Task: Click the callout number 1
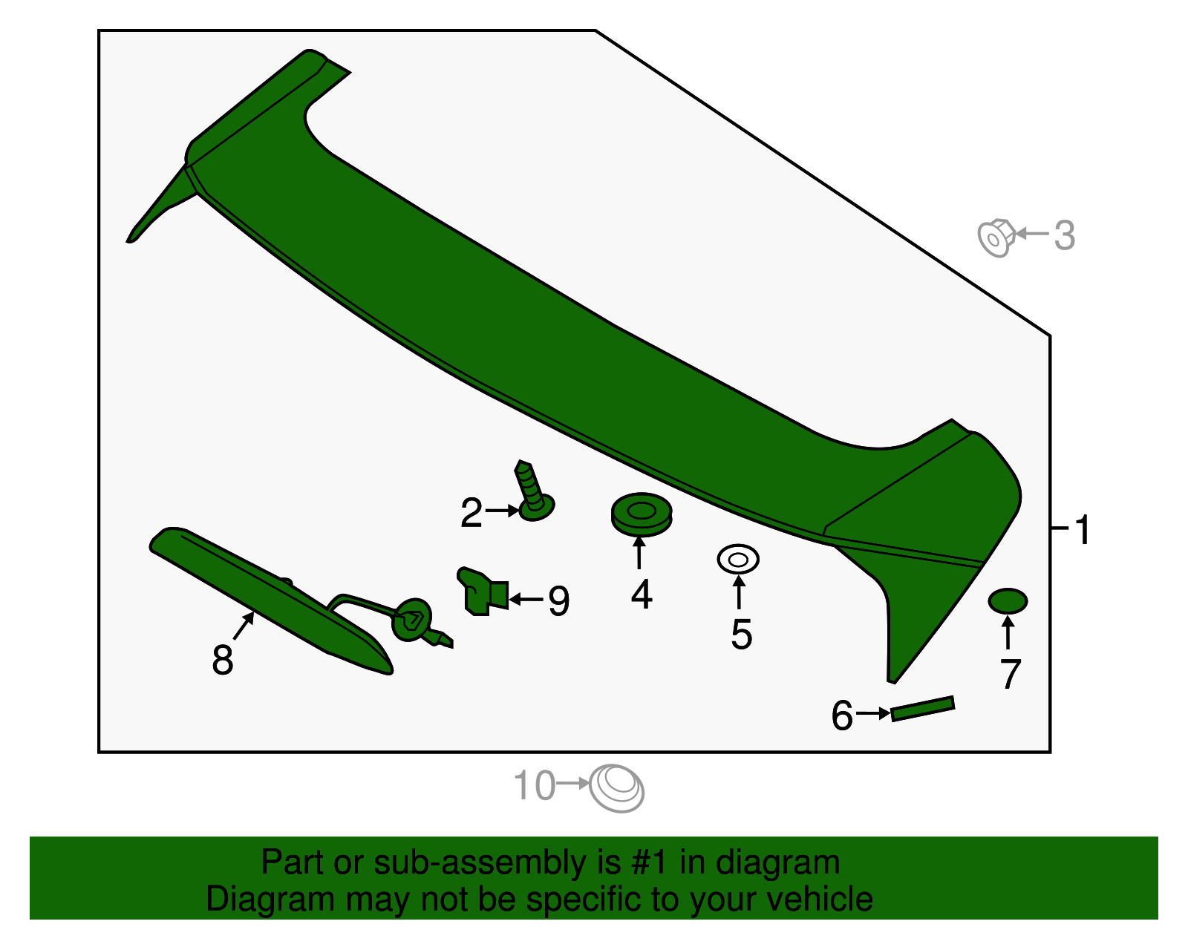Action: (1083, 530)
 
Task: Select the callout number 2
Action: (471, 513)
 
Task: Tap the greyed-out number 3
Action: (1064, 235)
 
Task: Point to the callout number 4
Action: (642, 594)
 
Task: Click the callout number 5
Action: (741, 635)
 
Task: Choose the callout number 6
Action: (842, 716)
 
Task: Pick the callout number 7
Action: (1010, 675)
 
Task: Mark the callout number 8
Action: (222, 660)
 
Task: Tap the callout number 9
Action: (558, 600)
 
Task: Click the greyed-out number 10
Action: (534, 786)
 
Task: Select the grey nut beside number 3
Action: (995, 237)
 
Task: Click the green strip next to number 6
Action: (922, 708)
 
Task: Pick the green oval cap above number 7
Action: (1008, 601)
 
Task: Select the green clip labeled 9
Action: (481, 592)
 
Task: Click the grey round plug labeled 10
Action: (616, 788)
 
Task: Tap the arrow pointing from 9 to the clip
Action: (526, 598)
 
